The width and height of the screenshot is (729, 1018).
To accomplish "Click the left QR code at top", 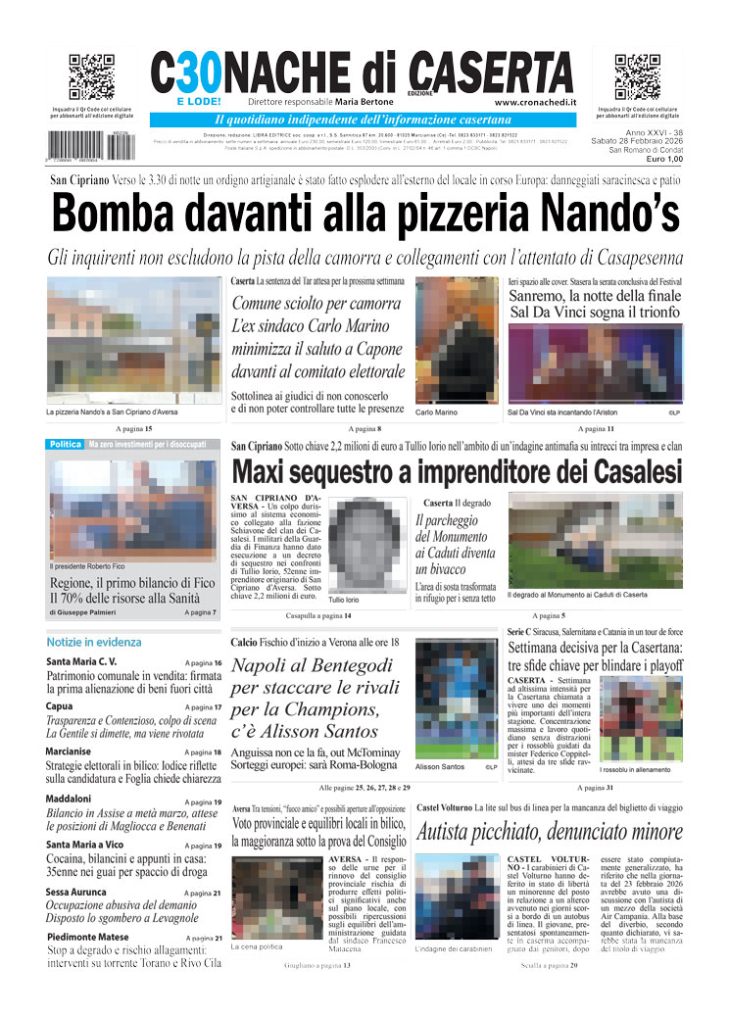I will [92, 78].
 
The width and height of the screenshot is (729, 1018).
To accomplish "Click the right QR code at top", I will [637, 78].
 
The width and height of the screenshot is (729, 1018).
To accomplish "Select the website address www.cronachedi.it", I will [535, 102].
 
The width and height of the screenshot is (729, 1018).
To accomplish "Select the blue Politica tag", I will [66, 445].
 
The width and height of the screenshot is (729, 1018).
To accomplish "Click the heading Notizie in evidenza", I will [94, 642].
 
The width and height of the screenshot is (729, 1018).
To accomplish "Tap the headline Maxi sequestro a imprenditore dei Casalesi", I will [457, 471].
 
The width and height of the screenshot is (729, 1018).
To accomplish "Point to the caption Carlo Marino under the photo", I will [436, 412].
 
